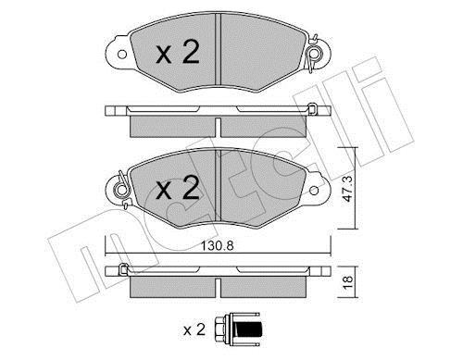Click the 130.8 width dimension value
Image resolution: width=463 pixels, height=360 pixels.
[217, 246]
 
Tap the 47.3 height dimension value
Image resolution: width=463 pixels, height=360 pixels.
[348, 189]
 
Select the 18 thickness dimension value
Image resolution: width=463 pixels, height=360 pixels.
[348, 282]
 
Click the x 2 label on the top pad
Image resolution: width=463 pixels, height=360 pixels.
[178, 52]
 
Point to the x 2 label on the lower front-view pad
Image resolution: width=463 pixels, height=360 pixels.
[178, 188]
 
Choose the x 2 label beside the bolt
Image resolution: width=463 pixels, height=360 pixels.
[194, 329]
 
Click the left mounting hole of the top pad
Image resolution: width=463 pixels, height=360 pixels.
[122, 55]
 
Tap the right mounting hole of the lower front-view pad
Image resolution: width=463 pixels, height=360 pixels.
[314, 191]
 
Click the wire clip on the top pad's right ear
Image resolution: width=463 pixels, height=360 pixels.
[314, 54]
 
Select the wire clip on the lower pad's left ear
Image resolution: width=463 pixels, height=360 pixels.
[122, 190]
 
